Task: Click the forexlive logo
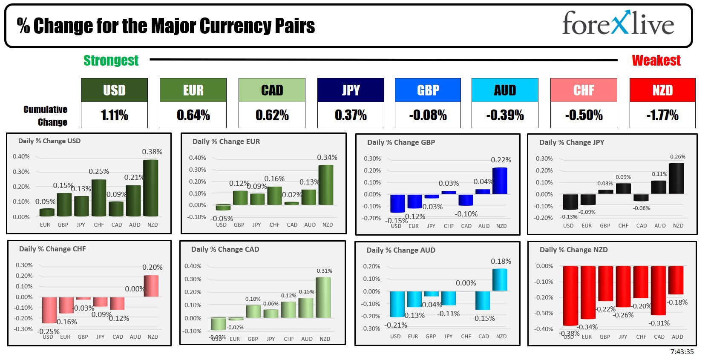(618, 23)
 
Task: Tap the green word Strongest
(111, 60)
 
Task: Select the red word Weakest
(656, 60)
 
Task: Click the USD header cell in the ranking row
(114, 90)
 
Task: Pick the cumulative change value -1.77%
(662, 115)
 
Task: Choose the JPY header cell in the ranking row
(351, 90)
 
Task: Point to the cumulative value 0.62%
(272, 115)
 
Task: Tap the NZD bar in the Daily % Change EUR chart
(326, 185)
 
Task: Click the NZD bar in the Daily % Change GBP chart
(500, 181)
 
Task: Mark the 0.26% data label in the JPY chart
(678, 157)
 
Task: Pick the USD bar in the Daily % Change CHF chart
(49, 310)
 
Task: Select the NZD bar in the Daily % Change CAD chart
(323, 297)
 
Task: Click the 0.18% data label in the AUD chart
(501, 261)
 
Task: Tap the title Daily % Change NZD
(573, 250)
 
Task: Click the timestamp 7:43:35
(682, 352)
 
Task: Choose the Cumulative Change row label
(46, 115)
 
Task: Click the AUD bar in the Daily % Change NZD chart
(676, 280)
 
